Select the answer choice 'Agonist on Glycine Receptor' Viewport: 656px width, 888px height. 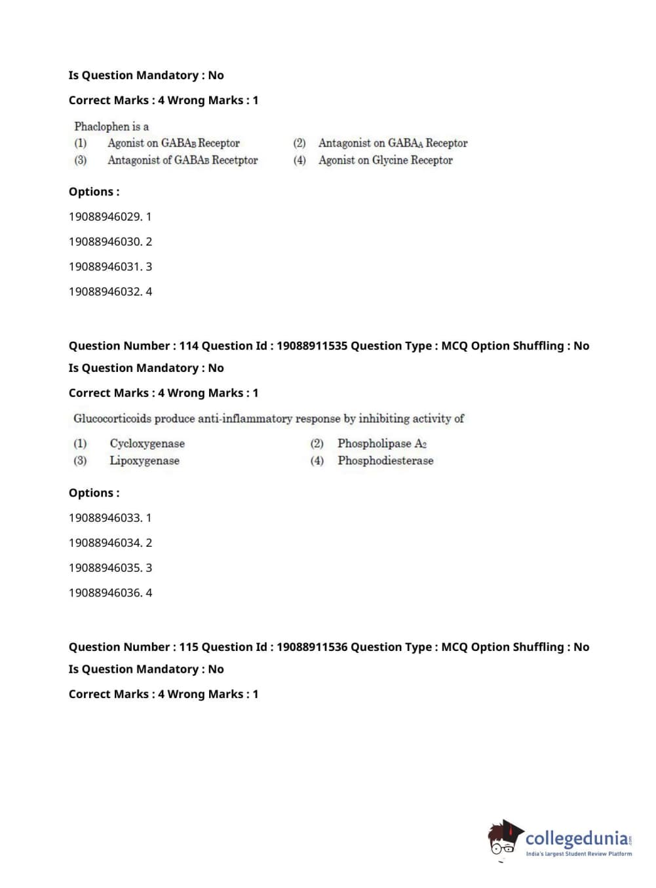coord(385,160)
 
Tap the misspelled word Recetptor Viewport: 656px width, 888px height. coord(235,160)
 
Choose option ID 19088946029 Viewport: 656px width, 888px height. coord(105,217)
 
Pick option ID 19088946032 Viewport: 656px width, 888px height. coord(105,291)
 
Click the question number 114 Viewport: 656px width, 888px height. coord(189,346)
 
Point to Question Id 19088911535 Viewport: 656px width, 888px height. coord(312,346)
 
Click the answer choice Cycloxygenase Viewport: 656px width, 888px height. coord(147,444)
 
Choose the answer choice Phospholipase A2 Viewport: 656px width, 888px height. coord(381,444)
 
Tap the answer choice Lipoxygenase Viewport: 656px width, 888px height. coord(144,461)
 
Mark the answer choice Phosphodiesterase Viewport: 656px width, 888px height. coord(385,461)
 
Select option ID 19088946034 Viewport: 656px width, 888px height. coord(105,543)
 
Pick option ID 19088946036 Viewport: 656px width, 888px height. coord(105,593)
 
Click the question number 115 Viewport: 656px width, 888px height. coord(189,647)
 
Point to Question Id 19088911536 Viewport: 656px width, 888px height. coord(312,647)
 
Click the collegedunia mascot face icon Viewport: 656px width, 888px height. coord(504,839)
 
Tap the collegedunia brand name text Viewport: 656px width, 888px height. coord(576,838)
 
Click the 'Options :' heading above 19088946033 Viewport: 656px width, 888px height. coord(94,493)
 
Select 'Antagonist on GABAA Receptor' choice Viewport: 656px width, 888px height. coord(393,143)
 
